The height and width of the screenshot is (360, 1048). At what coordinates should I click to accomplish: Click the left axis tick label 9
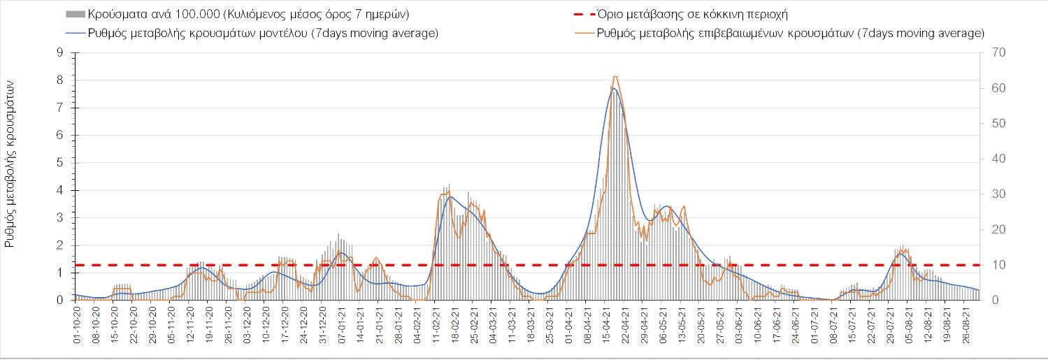pyautogui.click(x=61, y=52)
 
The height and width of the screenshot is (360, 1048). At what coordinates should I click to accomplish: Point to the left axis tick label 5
pyautogui.click(x=61, y=163)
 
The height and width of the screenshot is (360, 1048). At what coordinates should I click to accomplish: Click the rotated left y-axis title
pyautogui.click(x=11, y=163)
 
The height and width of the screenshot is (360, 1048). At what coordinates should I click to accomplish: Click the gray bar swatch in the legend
pyautogui.click(x=76, y=14)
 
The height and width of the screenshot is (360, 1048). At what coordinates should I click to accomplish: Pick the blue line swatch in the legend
pyautogui.click(x=76, y=33)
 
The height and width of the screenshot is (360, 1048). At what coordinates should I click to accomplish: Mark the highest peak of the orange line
pyautogui.click(x=615, y=76)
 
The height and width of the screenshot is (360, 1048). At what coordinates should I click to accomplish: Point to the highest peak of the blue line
pyautogui.click(x=613, y=88)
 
